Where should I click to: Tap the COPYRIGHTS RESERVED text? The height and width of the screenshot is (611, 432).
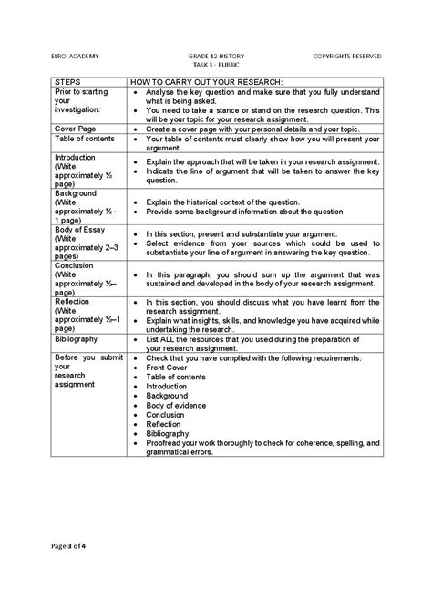pos(347,56)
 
